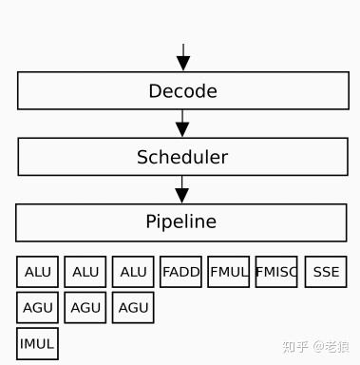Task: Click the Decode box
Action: (182, 91)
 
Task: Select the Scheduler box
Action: (182, 157)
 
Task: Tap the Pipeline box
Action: (180, 222)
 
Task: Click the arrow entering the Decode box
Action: (183, 56)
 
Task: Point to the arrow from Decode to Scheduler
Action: (183, 124)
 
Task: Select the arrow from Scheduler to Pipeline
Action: (182, 189)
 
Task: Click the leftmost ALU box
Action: (38, 272)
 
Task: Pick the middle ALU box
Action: (85, 272)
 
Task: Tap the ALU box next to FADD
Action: (133, 272)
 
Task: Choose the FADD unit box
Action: (180, 272)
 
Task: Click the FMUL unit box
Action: (228, 272)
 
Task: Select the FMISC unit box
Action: (276, 272)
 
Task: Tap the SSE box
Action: (326, 272)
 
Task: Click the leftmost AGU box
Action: (38, 308)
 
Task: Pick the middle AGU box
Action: (85, 308)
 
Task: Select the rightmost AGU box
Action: (133, 308)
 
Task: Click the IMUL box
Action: (38, 343)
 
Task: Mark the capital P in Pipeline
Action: (150, 222)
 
